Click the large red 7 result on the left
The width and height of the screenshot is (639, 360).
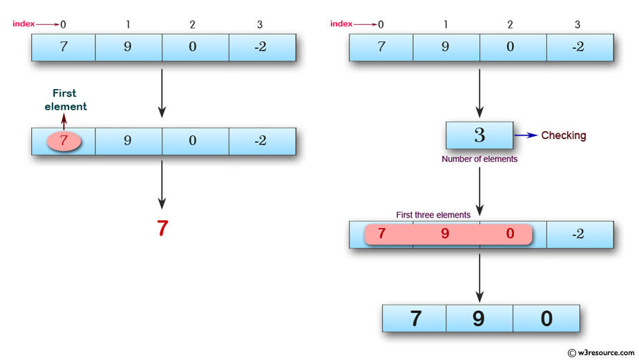pyautogui.click(x=162, y=229)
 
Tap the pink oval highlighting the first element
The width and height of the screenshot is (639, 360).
pyautogui.click(x=64, y=141)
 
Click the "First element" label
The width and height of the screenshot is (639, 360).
pyautogui.click(x=66, y=100)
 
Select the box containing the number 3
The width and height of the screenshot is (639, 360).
pyautogui.click(x=479, y=135)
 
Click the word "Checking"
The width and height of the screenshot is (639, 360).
pyautogui.click(x=563, y=135)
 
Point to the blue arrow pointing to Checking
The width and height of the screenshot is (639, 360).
pyautogui.click(x=526, y=135)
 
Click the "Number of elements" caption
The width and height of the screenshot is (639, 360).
pyautogui.click(x=479, y=159)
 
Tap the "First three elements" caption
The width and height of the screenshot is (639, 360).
pyautogui.click(x=433, y=215)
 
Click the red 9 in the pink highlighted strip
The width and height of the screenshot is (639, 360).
pyautogui.click(x=445, y=234)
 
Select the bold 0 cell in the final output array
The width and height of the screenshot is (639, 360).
pyautogui.click(x=546, y=319)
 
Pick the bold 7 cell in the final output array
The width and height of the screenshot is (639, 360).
pyautogui.click(x=415, y=319)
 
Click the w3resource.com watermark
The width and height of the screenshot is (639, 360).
pyautogui.click(x=600, y=352)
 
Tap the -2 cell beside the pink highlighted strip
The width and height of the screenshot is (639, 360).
pyautogui.click(x=579, y=234)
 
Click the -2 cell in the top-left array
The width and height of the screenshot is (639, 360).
pyautogui.click(x=260, y=48)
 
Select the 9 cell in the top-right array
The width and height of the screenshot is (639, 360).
pyautogui.click(x=445, y=48)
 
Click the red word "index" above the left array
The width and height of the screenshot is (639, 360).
pyautogui.click(x=23, y=24)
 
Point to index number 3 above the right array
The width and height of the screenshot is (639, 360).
pyautogui.click(x=578, y=25)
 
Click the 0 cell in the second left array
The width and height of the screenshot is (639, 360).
pyautogui.click(x=193, y=141)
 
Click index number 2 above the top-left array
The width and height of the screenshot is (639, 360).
pyautogui.click(x=193, y=25)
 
